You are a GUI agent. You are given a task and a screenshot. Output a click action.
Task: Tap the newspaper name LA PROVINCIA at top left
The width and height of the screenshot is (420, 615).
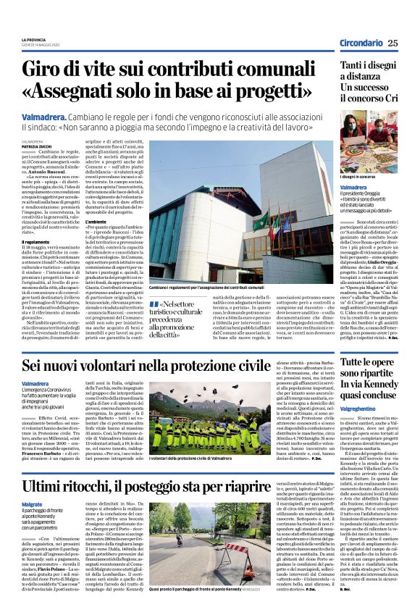tap(34, 39)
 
